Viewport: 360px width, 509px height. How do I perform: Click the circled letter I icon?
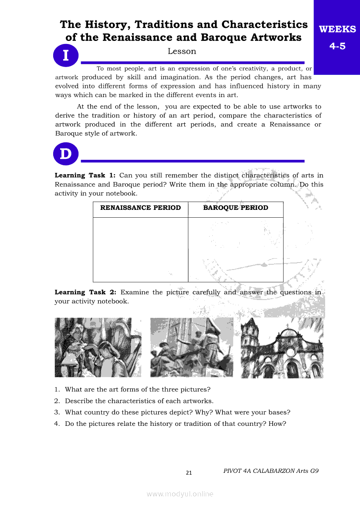tap(65, 56)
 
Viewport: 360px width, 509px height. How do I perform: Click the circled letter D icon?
tap(65, 154)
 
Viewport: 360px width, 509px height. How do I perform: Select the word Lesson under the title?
tap(182, 51)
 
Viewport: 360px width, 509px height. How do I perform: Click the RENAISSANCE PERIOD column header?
tap(140, 208)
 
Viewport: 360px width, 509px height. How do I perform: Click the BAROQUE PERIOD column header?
tap(236, 208)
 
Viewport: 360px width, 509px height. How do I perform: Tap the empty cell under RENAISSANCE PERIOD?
tap(140, 249)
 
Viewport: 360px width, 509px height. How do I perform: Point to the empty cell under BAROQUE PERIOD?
tap(236, 249)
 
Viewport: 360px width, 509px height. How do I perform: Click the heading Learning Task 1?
tap(85, 175)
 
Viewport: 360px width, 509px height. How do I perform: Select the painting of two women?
tap(98, 347)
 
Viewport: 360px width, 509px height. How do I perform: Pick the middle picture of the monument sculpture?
tap(192, 347)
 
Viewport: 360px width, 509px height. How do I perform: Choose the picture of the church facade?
tap(282, 347)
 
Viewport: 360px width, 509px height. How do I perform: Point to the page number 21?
tap(189, 473)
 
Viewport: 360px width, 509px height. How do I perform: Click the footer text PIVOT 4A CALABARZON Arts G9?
tap(271, 471)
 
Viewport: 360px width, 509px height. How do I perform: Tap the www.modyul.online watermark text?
tap(180, 494)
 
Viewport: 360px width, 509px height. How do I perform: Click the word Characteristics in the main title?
tap(265, 24)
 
